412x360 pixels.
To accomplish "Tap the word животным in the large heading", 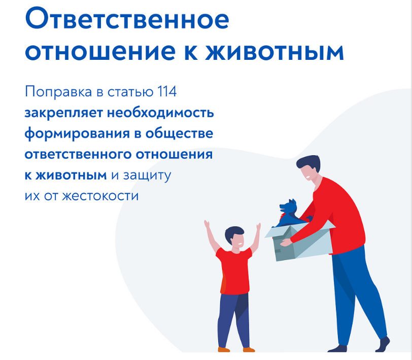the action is click(x=274, y=52).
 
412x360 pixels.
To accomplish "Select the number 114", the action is click(x=167, y=92).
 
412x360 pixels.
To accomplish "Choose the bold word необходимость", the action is click(x=160, y=113).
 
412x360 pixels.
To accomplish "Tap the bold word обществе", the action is click(x=179, y=133).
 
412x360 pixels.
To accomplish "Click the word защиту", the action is click(x=147, y=175).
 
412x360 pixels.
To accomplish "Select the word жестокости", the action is click(x=100, y=196).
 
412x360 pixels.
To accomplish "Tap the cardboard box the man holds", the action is click(x=300, y=241).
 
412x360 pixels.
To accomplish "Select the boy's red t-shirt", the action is click(x=234, y=271).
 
